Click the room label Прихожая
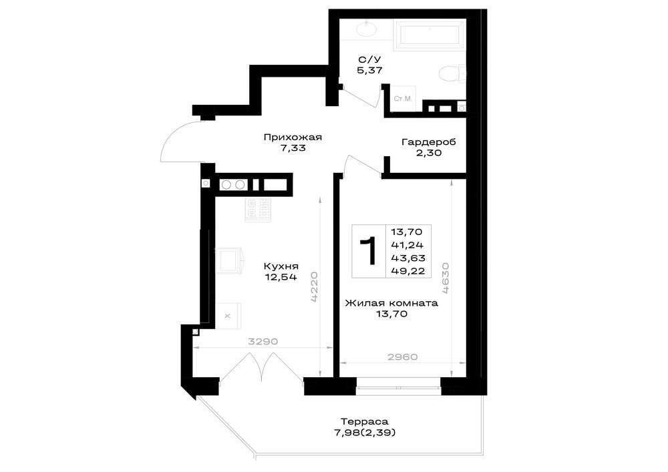click(x=293, y=138)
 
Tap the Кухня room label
click(x=281, y=266)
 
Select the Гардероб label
click(x=429, y=142)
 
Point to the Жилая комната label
click(x=391, y=304)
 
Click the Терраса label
click(x=365, y=422)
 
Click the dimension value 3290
click(x=263, y=341)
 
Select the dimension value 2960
click(x=403, y=357)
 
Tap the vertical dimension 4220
click(x=314, y=286)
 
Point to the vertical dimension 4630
click(x=446, y=278)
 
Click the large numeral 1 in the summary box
click(x=369, y=251)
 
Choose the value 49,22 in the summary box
click(x=407, y=271)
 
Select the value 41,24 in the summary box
click(x=407, y=245)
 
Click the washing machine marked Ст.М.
click(x=403, y=99)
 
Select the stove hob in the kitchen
click(x=258, y=210)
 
